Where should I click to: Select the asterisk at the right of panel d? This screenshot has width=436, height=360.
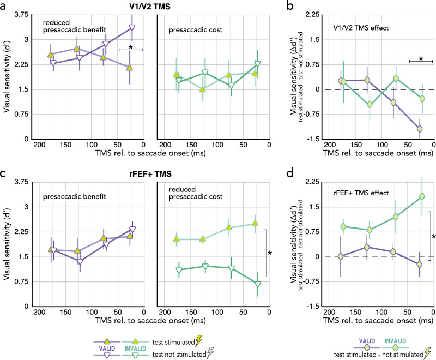tap(434, 236)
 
